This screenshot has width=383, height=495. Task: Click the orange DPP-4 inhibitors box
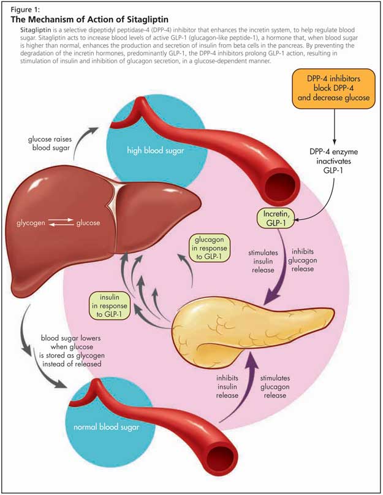[333, 88]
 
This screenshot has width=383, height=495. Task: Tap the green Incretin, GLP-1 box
[276, 218]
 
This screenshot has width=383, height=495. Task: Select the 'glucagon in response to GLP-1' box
[210, 248]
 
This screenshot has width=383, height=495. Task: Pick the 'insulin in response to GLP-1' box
[110, 306]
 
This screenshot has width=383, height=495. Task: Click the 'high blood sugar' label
[155, 150]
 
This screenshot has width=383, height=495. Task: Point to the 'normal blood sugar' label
[106, 427]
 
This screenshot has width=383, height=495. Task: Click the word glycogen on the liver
[31, 223]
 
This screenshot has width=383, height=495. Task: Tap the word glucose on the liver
[88, 223]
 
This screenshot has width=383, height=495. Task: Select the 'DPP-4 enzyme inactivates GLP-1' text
[333, 161]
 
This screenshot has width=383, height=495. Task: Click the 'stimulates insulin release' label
[263, 262]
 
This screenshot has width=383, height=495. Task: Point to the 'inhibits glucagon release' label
[302, 260]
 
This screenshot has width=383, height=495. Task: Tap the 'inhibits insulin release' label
[227, 386]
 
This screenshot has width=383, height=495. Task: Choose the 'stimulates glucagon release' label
[275, 386]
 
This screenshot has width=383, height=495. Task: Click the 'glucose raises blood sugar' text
[50, 143]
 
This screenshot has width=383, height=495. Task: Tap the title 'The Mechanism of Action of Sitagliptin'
[89, 20]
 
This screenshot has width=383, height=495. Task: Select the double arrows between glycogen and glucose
[61, 222]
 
